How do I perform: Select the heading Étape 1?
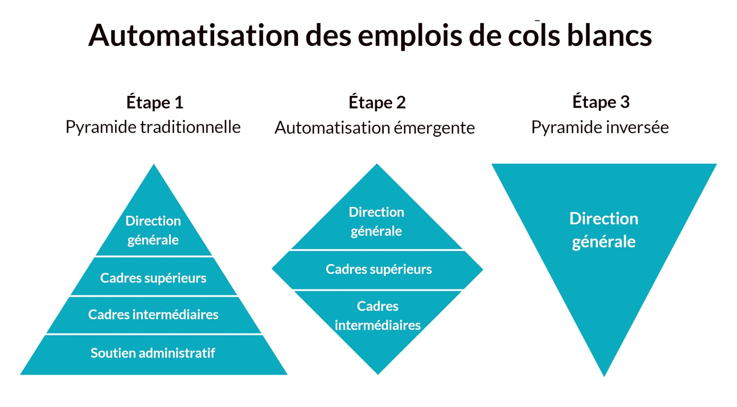pos(155,102)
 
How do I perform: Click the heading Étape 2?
pos(377,102)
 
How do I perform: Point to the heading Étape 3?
pos(601,102)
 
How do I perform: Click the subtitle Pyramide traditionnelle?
pos(153,127)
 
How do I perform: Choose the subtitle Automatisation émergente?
pos(375,128)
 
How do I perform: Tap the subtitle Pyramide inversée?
pos(600,127)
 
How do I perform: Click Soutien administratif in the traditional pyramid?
pos(153,353)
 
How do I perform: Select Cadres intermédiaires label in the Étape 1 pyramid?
pos(153,315)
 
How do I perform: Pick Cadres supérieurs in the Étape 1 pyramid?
pos(153,278)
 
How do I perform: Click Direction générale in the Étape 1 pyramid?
pos(153,230)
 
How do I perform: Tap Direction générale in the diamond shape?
pos(376,222)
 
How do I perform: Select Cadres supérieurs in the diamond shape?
pos(378,269)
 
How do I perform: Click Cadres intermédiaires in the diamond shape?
pos(378,315)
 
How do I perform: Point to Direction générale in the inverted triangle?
pos(603,230)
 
